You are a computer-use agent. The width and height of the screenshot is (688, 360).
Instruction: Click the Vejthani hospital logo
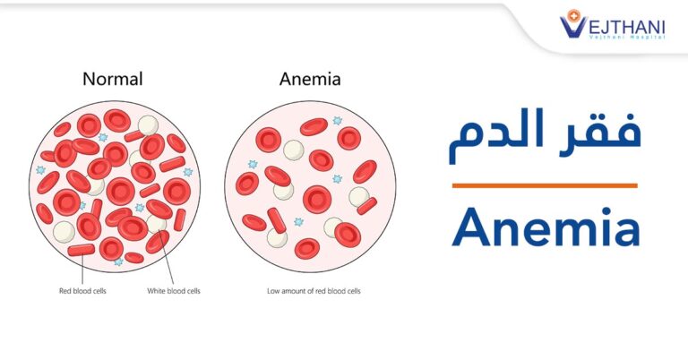(x=613, y=24)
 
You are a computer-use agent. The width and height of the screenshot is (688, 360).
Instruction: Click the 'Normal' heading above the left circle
(x=113, y=79)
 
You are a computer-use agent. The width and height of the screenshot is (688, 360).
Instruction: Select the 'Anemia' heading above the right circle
(x=310, y=79)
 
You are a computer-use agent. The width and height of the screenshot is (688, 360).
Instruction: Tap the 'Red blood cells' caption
(x=82, y=291)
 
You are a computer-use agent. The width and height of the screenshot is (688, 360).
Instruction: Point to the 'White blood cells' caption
(x=173, y=291)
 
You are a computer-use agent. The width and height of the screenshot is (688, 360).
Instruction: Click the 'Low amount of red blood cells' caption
(x=314, y=291)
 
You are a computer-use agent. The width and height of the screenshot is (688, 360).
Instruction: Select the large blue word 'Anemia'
(x=546, y=227)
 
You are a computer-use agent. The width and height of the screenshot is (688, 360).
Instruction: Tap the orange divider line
(x=545, y=185)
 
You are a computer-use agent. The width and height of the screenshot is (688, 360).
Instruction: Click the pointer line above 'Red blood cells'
(x=82, y=269)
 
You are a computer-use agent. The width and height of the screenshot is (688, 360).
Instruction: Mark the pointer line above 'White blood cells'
(x=168, y=258)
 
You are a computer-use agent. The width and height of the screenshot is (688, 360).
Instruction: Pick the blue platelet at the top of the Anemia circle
(x=337, y=121)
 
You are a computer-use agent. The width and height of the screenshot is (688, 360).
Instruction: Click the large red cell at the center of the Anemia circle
(x=317, y=200)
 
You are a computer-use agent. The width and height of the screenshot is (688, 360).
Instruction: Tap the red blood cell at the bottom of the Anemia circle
(x=307, y=249)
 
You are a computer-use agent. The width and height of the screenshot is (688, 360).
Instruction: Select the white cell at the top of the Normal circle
(x=148, y=125)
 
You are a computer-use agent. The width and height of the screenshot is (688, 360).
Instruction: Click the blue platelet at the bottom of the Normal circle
(x=118, y=261)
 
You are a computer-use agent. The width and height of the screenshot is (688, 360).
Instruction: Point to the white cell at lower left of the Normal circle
(x=64, y=232)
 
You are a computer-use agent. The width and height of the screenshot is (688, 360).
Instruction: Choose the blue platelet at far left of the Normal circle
(x=41, y=169)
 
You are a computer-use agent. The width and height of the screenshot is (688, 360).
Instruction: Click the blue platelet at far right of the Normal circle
(x=188, y=172)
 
